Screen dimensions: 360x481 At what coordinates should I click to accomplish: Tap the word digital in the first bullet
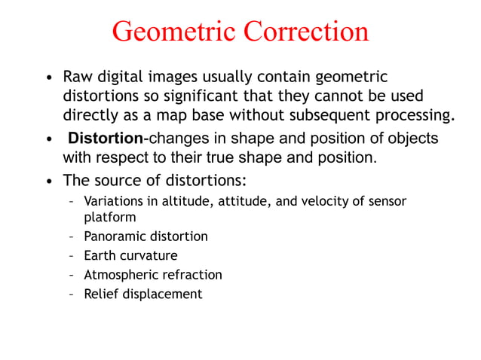(118, 77)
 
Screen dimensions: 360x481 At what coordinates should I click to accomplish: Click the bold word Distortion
(105, 139)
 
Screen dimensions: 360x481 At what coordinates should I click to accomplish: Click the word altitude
(172, 201)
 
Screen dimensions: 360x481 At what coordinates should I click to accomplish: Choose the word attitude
(226, 201)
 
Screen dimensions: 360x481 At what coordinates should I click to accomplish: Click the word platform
(109, 217)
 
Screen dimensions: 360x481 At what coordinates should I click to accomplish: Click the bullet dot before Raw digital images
(49, 78)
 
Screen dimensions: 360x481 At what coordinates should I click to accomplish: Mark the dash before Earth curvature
(71, 255)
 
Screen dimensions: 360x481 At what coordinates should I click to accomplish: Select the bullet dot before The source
(49, 182)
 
